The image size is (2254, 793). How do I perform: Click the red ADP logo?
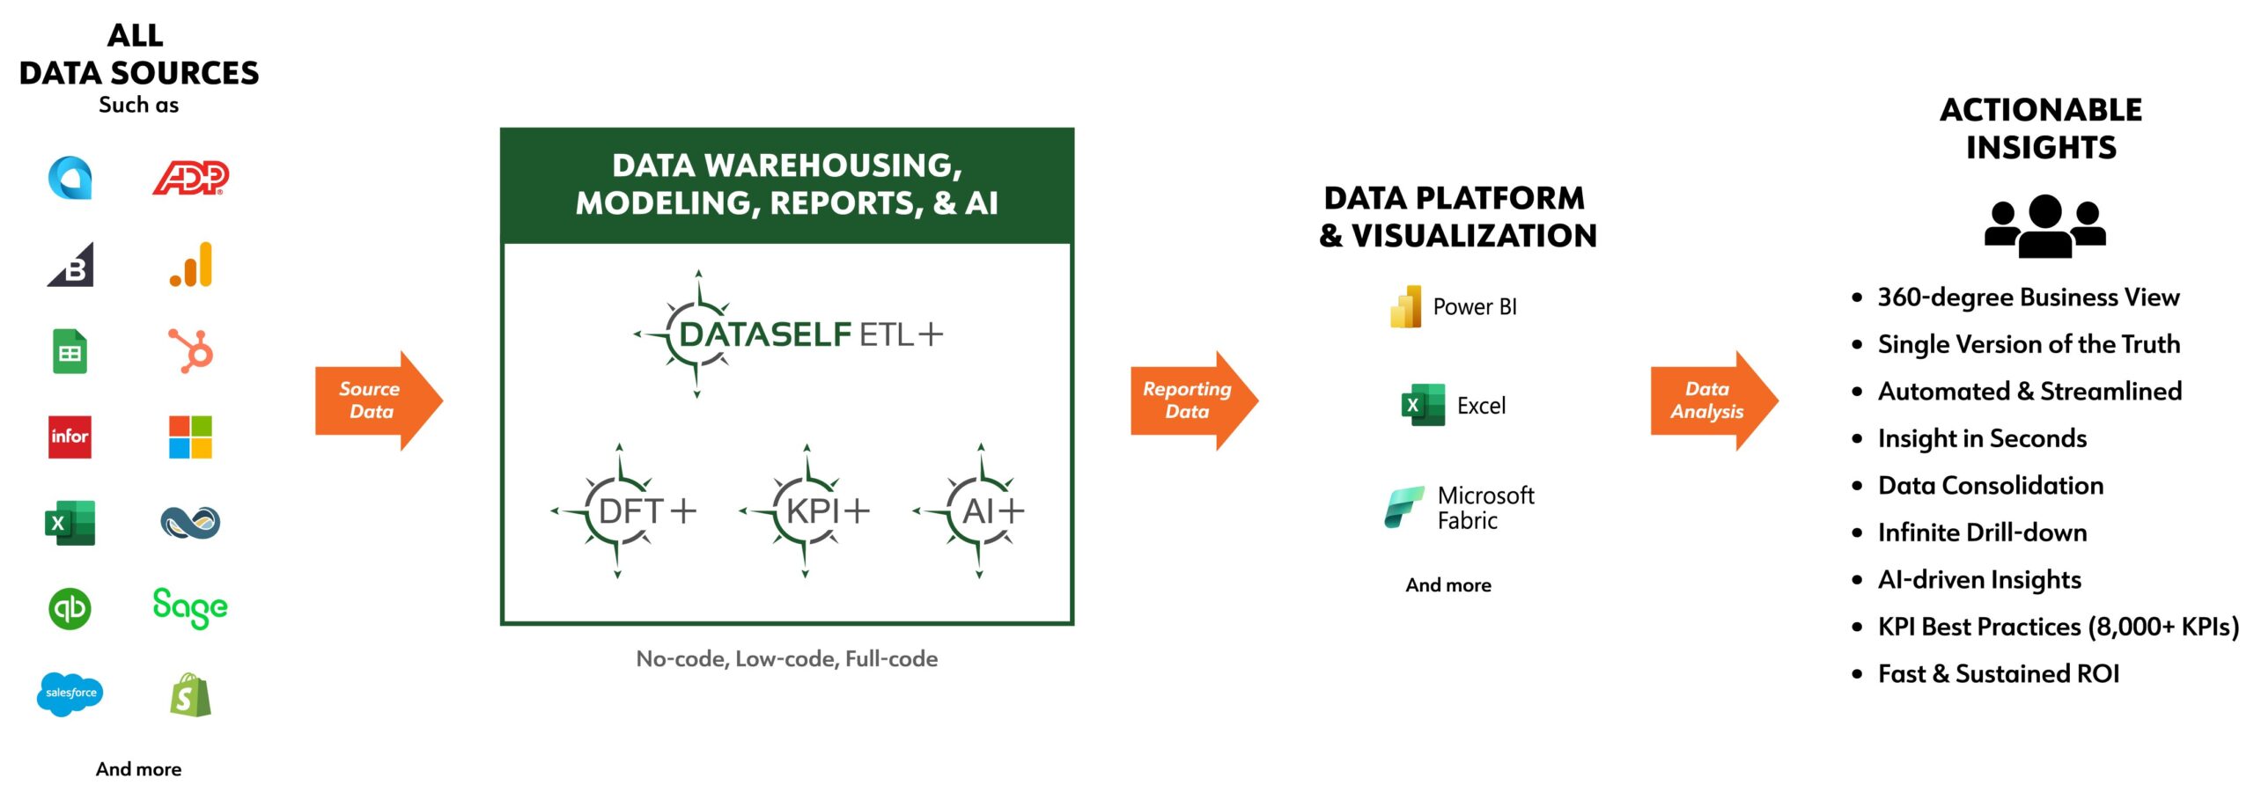pyautogui.click(x=190, y=178)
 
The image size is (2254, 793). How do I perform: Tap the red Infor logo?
pyautogui.click(x=70, y=437)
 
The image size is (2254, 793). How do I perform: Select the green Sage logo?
pyautogui.click(x=190, y=607)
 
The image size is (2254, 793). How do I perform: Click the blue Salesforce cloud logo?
pyautogui.click(x=70, y=694)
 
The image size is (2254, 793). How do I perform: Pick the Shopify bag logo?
pyautogui.click(x=190, y=695)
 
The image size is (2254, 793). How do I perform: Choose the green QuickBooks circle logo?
pyautogui.click(x=70, y=608)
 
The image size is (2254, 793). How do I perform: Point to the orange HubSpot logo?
pyautogui.click(x=191, y=350)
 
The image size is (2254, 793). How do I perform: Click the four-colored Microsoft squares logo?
pyautogui.click(x=190, y=437)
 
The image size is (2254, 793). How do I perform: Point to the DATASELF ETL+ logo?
pyautogui.click(x=788, y=334)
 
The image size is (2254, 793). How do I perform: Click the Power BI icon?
pyautogui.click(x=1406, y=306)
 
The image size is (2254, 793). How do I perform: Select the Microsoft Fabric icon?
pyautogui.click(x=1403, y=507)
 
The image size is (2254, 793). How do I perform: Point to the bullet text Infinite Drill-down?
pyautogui.click(x=1982, y=532)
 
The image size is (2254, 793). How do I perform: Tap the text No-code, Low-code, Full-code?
pyautogui.click(x=786, y=659)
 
